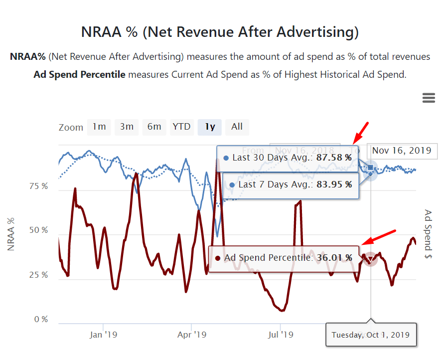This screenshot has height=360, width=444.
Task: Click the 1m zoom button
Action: tap(99, 127)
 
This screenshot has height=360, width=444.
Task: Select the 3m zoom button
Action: tap(127, 127)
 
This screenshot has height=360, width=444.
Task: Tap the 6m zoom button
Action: tap(154, 127)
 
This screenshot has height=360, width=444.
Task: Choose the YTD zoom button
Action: tap(181, 127)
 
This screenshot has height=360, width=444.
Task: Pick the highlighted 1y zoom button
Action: tap(210, 127)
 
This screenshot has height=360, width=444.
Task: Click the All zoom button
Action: tap(237, 127)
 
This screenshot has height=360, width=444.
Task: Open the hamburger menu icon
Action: tap(429, 98)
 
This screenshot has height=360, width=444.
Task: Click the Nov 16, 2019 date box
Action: tap(402, 151)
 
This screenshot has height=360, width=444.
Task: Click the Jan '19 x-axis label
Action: tap(103, 335)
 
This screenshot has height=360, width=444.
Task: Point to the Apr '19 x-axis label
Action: tap(191, 335)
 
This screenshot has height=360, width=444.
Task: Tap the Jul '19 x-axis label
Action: tap(280, 335)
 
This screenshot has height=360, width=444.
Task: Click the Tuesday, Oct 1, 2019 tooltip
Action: tap(370, 335)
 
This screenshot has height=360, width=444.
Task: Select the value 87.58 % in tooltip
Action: tap(334, 158)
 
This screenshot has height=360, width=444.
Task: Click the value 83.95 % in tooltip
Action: tap(334, 184)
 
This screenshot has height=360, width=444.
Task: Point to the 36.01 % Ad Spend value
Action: tap(334, 258)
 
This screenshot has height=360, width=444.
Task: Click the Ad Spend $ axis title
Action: tap(428, 234)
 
